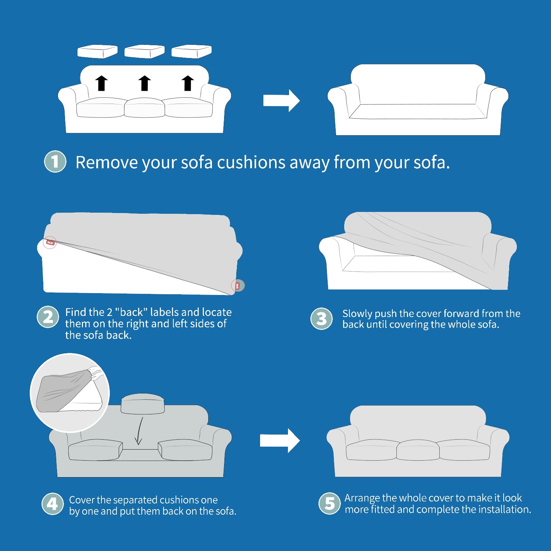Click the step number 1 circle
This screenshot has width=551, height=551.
tap(55, 161)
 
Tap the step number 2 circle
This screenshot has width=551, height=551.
tap(48, 317)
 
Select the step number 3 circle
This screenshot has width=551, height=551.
tap(321, 318)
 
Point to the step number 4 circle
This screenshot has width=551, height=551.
tap(52, 504)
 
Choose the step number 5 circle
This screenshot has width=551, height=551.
tap(329, 503)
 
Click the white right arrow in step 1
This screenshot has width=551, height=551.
tap(281, 100)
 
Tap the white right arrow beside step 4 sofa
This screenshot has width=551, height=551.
tap(280, 440)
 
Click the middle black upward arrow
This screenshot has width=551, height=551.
tap(145, 83)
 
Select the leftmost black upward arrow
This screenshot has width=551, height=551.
tap(101, 83)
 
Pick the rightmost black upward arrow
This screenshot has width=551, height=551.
tap(188, 83)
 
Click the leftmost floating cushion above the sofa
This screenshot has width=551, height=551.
tap(97, 51)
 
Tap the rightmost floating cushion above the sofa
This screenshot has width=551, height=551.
tap(191, 51)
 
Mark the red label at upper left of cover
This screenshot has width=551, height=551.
tap(50, 242)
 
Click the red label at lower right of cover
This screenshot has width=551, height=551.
tap(237, 285)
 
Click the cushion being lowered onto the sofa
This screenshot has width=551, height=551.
tap(143, 403)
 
